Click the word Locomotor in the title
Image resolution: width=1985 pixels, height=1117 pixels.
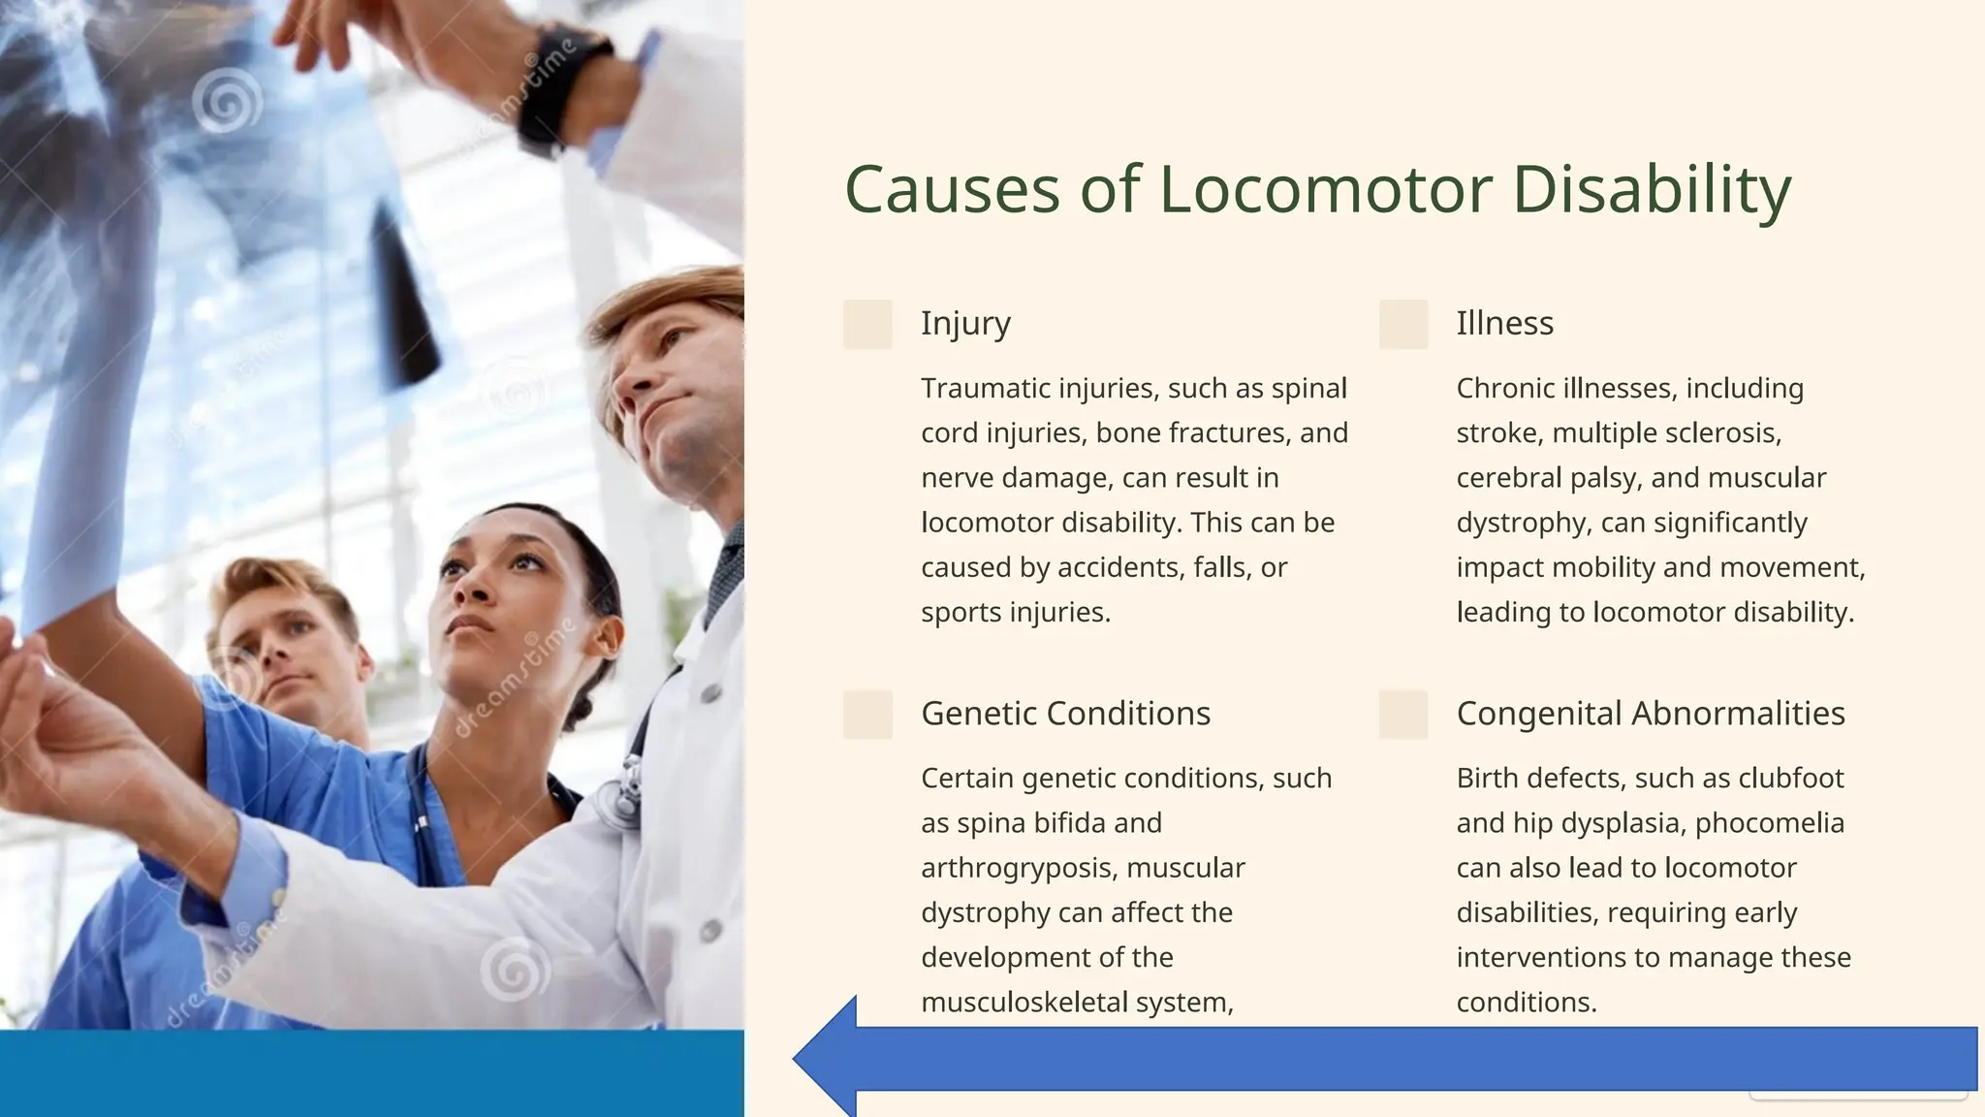coord(1325,189)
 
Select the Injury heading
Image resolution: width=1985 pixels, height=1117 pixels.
coord(965,323)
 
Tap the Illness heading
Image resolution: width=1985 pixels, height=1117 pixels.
coord(1504,323)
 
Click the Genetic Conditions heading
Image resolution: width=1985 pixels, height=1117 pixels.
coord(1065,714)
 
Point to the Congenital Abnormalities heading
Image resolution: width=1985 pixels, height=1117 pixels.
coord(1650,714)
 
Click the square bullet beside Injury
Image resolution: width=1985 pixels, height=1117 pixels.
coord(867,324)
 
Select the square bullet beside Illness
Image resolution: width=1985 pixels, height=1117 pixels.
coord(1402,324)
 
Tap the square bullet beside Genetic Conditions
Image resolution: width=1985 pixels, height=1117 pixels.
coord(867,715)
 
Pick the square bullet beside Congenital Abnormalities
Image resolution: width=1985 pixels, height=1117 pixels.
coord(1402,715)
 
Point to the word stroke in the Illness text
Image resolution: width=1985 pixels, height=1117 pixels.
coord(1497,433)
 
